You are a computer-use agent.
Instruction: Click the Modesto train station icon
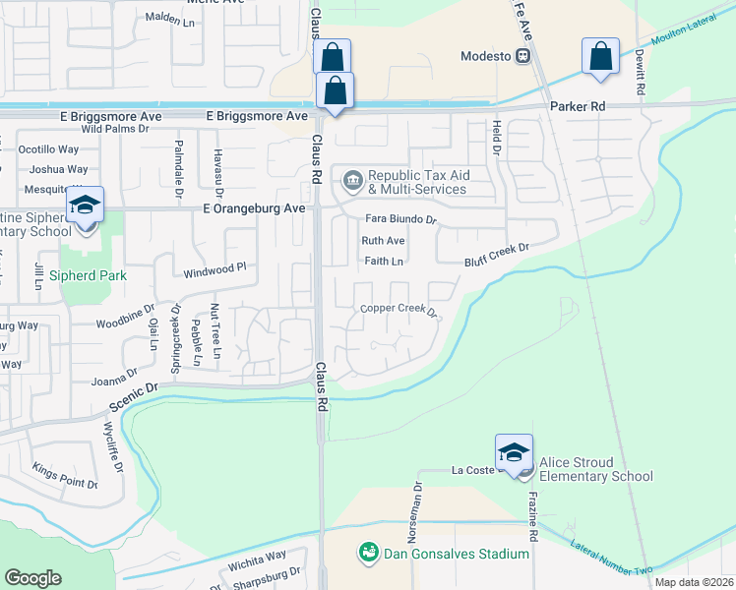(528, 56)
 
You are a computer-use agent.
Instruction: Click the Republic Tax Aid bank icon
(352, 182)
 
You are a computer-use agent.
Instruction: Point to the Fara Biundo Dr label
(399, 219)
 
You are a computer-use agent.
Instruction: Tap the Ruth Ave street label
(383, 241)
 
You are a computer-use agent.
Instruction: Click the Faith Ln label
(384, 262)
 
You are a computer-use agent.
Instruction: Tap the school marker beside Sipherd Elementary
(86, 207)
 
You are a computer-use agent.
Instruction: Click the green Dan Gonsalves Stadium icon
(368, 554)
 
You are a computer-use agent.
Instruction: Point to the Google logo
(33, 578)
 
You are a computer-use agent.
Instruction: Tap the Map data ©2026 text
(694, 582)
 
